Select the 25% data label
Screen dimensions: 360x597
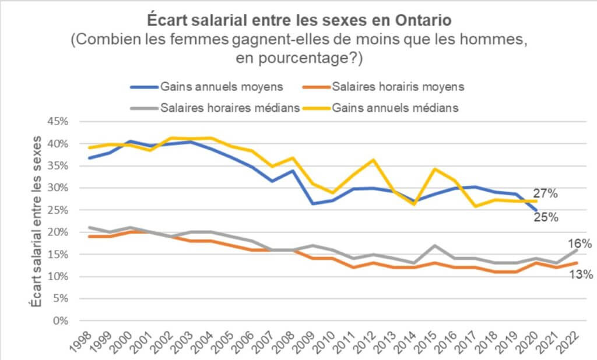tap(546, 217)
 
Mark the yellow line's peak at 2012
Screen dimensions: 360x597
tap(374, 160)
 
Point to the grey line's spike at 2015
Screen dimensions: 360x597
tap(434, 245)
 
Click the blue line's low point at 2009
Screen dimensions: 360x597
tap(313, 204)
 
